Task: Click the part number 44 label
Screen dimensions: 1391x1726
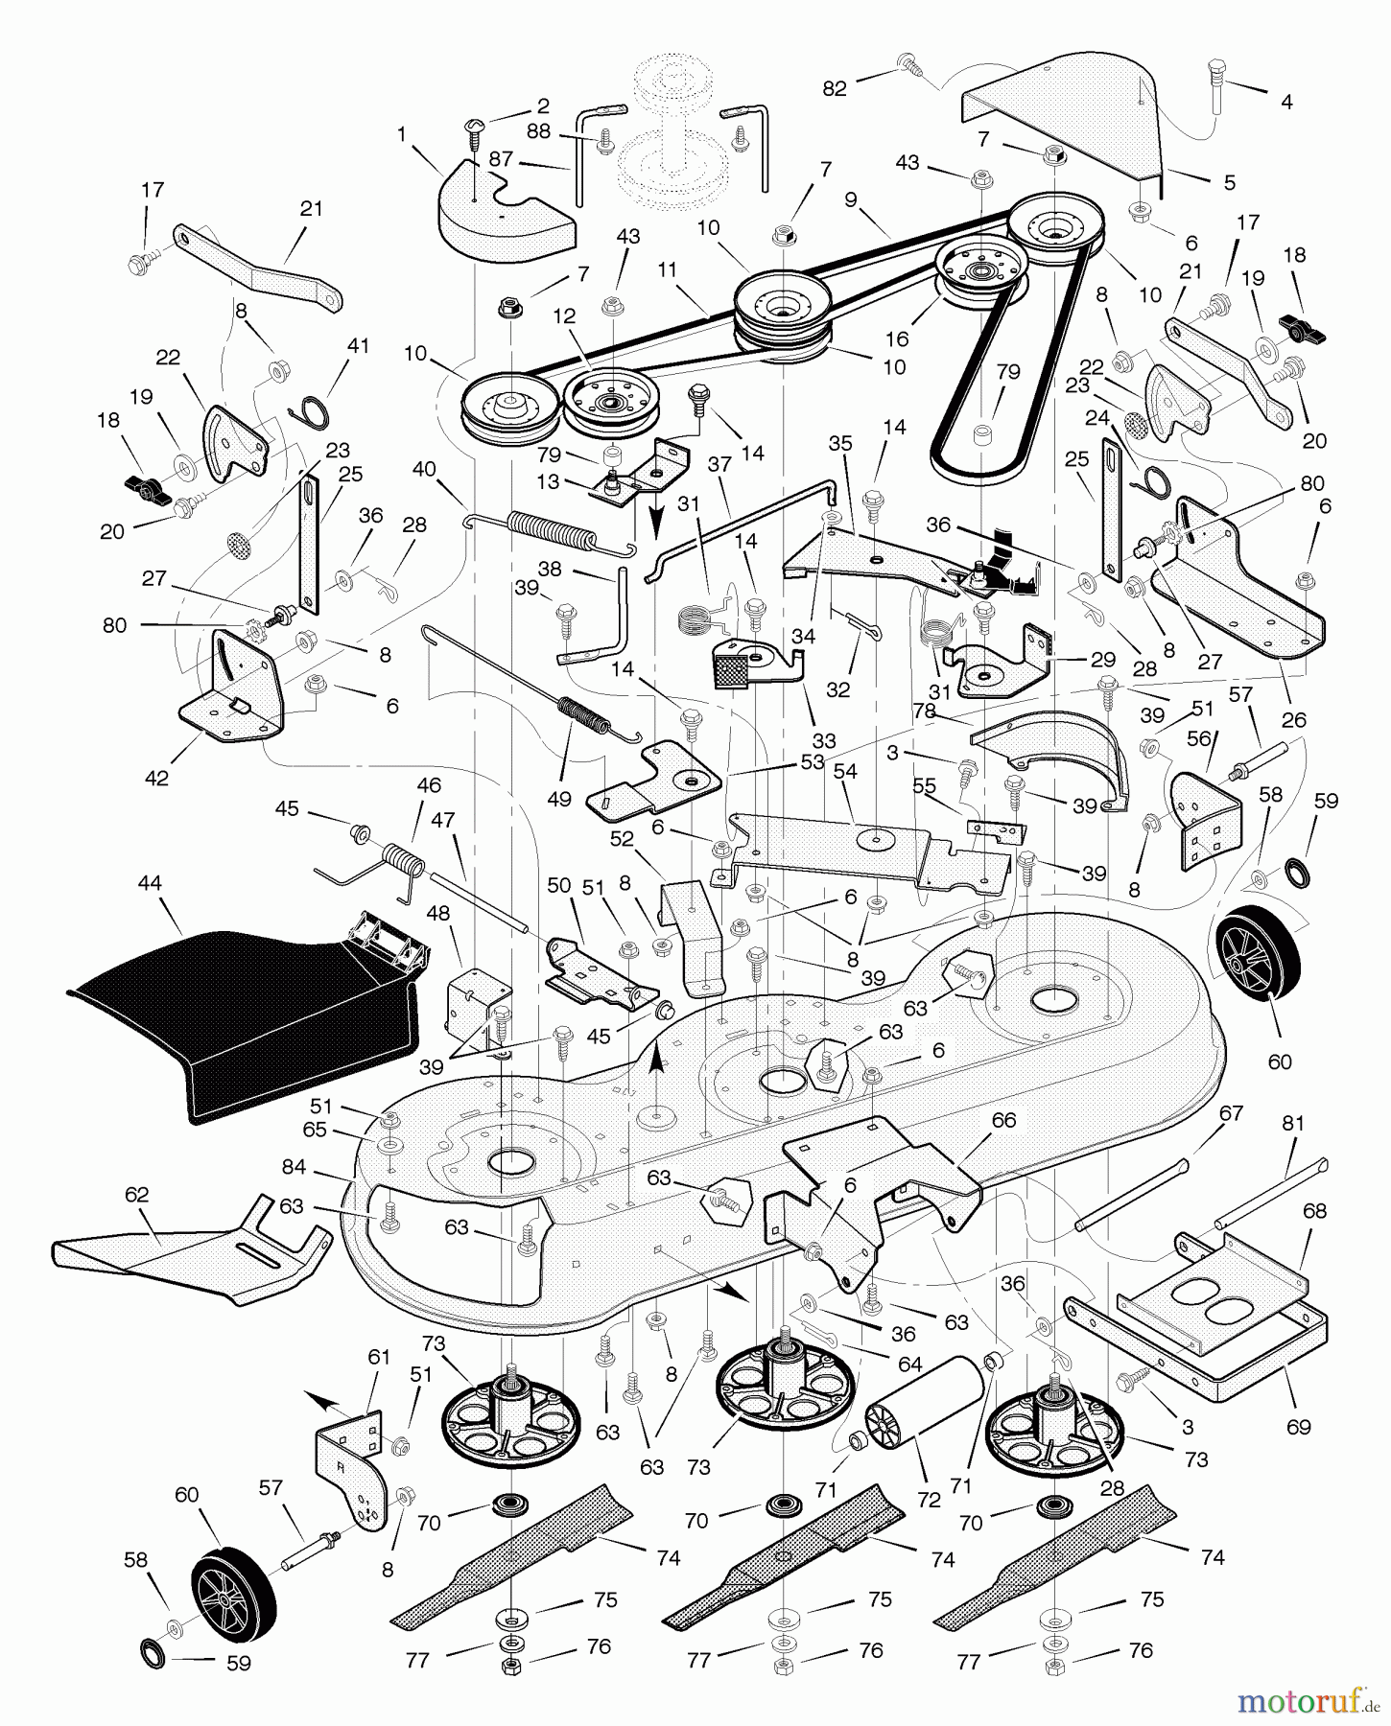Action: click(151, 882)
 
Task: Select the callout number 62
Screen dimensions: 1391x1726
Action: click(137, 1194)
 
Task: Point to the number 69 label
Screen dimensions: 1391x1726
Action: click(1298, 1427)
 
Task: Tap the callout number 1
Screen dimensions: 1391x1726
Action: click(402, 135)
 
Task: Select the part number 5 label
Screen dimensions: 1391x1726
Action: click(1230, 182)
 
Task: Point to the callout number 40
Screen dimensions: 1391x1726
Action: click(424, 469)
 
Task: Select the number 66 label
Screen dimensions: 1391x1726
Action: click(1003, 1120)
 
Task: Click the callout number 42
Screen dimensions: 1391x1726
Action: click(156, 778)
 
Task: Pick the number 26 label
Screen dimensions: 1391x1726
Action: click(1293, 719)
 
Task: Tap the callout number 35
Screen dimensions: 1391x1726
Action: click(839, 443)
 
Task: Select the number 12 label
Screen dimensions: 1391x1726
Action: click(564, 315)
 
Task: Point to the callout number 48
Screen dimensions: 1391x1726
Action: click(437, 914)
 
